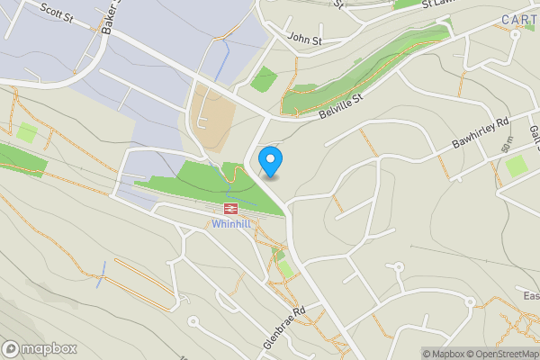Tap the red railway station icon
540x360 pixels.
[x=229, y=209]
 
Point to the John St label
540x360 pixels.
[x=305, y=39]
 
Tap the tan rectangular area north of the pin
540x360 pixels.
[x=212, y=119]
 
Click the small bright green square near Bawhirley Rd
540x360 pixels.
[x=516, y=166]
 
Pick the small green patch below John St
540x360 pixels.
[x=264, y=79]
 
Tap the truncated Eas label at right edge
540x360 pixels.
[x=531, y=296]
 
